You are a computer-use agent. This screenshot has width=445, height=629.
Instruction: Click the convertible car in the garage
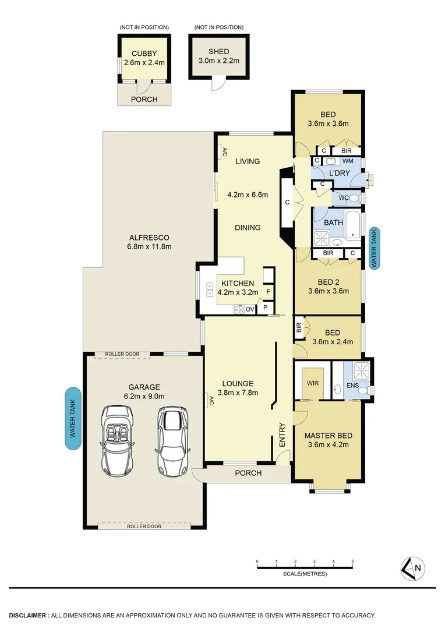[x=121, y=441]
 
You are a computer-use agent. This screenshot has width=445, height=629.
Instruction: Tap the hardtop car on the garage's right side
[x=172, y=441]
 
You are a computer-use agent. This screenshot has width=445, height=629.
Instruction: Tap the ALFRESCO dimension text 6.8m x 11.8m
[x=150, y=246]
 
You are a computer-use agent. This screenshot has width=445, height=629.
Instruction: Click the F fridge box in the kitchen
[x=269, y=291]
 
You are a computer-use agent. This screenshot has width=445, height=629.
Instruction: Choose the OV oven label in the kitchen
[x=250, y=309]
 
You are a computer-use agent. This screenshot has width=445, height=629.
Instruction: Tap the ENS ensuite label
[x=352, y=385]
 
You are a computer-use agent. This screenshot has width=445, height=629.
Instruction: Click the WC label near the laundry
[x=344, y=198]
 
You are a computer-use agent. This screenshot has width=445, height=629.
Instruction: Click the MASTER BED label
[x=328, y=435]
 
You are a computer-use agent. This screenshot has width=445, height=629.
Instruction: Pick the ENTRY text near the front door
[x=282, y=434]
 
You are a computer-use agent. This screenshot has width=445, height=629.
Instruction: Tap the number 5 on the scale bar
[x=352, y=561]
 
